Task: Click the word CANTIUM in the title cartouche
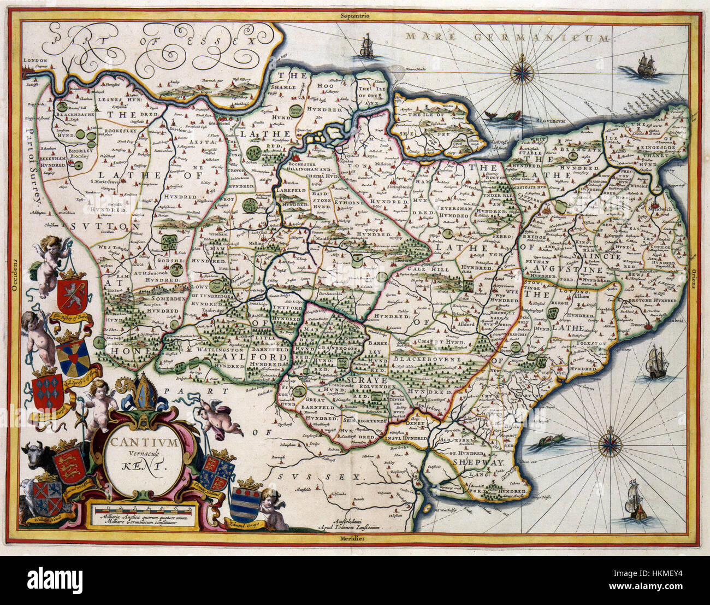[x=144, y=443]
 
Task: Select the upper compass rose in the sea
[x=523, y=71]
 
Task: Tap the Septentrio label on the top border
[x=354, y=16]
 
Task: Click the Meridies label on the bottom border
[x=354, y=539]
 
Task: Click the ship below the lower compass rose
[x=636, y=501]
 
